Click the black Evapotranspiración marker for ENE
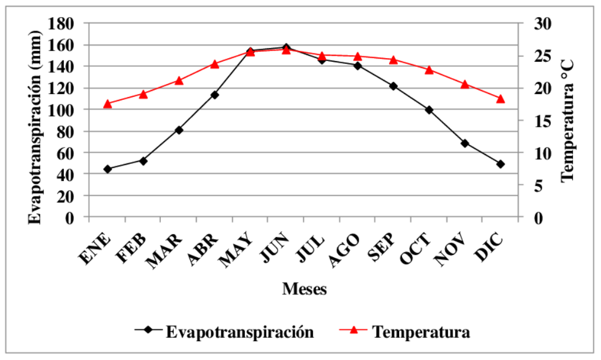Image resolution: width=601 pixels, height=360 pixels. coord(107,169)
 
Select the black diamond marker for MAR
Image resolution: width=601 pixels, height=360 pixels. coord(179,130)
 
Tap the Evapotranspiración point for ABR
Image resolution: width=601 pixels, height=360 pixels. coord(215,95)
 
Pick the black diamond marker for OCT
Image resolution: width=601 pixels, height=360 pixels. coord(429,110)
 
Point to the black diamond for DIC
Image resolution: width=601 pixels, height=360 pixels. coord(501,164)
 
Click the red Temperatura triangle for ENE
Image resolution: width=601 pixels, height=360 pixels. coord(107,104)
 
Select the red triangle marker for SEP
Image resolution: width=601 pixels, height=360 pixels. coord(393,59)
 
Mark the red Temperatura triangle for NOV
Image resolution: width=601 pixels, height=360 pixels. coord(465,84)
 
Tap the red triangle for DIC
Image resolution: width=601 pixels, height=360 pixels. coord(501,99)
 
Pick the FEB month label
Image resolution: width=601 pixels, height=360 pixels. coord(131,249)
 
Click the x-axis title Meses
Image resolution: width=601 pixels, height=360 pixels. coord(304,289)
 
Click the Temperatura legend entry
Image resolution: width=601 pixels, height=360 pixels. coord(421,332)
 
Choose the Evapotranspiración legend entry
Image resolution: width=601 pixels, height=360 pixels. coord(239,332)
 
